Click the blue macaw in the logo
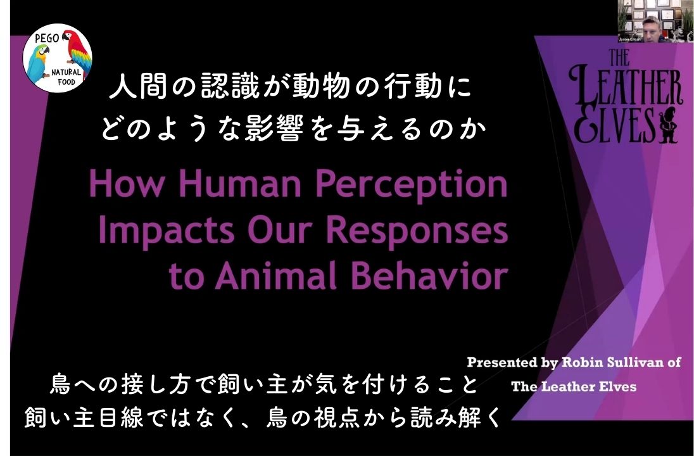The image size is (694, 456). pyautogui.click(x=38, y=62)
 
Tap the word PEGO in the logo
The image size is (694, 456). pyautogui.click(x=47, y=39)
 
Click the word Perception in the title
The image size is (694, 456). pyautogui.click(x=411, y=185)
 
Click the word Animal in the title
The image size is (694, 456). pyautogui.click(x=275, y=275)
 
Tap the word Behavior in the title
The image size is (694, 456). pyautogui.click(x=429, y=275)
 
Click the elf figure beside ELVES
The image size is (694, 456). pyautogui.click(x=667, y=125)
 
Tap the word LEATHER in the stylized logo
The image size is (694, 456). pyautogui.click(x=626, y=89)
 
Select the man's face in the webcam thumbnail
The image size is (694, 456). pyautogui.click(x=651, y=28)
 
